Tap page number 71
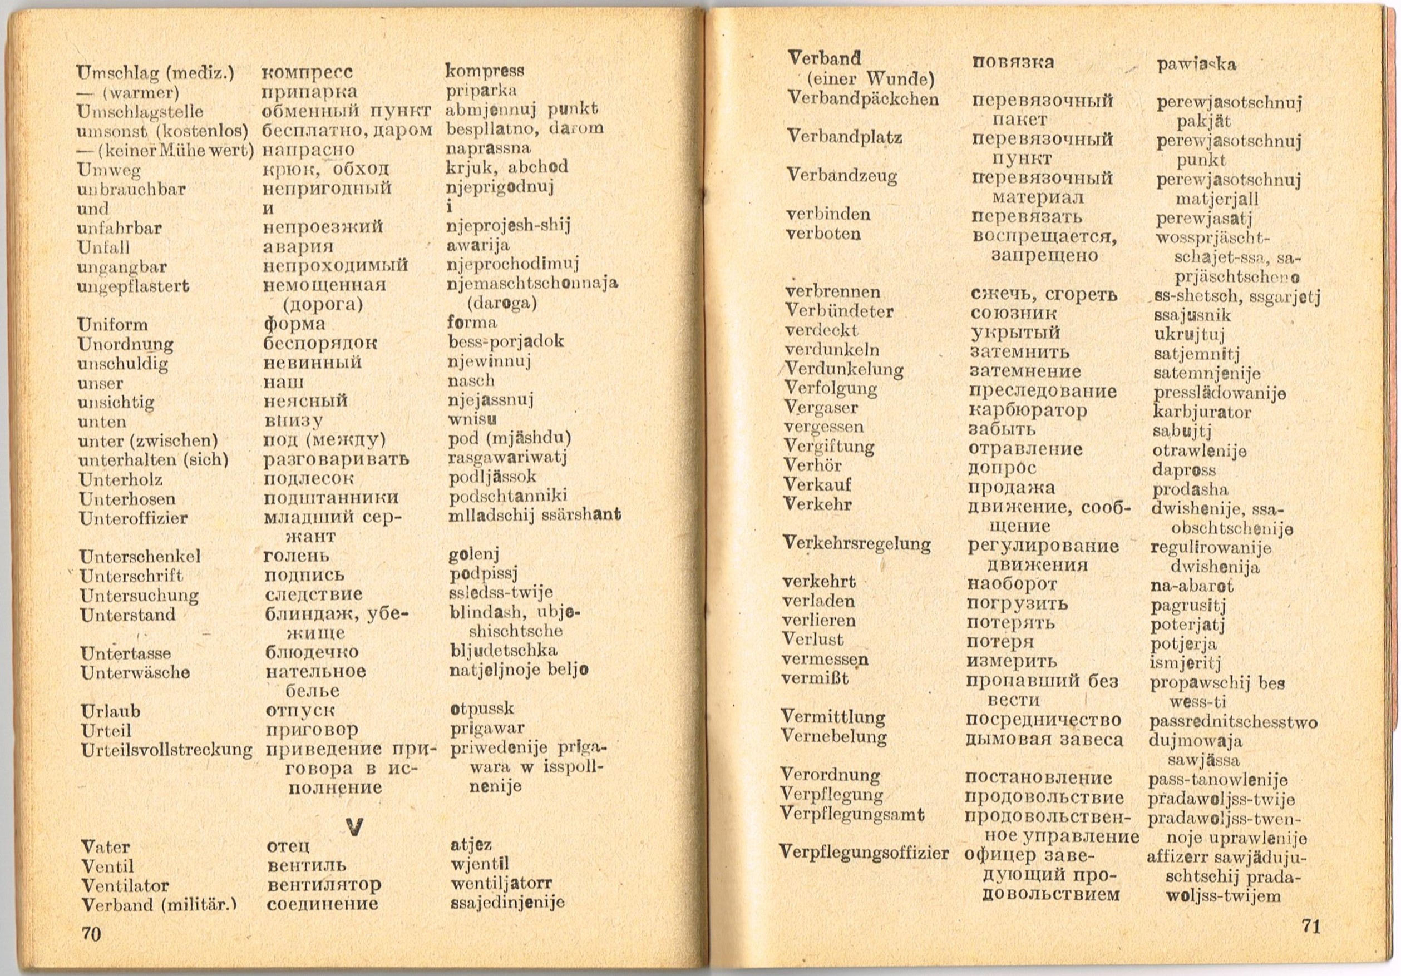coord(1311,927)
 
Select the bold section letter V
coord(354,826)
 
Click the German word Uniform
coord(113,325)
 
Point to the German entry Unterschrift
coord(131,576)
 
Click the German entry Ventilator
coord(125,885)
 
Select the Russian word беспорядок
coord(320,343)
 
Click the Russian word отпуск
coord(301,711)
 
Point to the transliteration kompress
coord(485,71)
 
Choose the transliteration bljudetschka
coord(504,650)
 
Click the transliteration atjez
coord(471,845)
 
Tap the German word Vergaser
coord(821,408)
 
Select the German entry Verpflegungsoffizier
coord(864,853)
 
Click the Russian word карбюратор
coord(1028,410)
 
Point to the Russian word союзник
coord(1014,314)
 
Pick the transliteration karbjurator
coord(1201,412)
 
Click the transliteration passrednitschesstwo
coord(1232,722)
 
